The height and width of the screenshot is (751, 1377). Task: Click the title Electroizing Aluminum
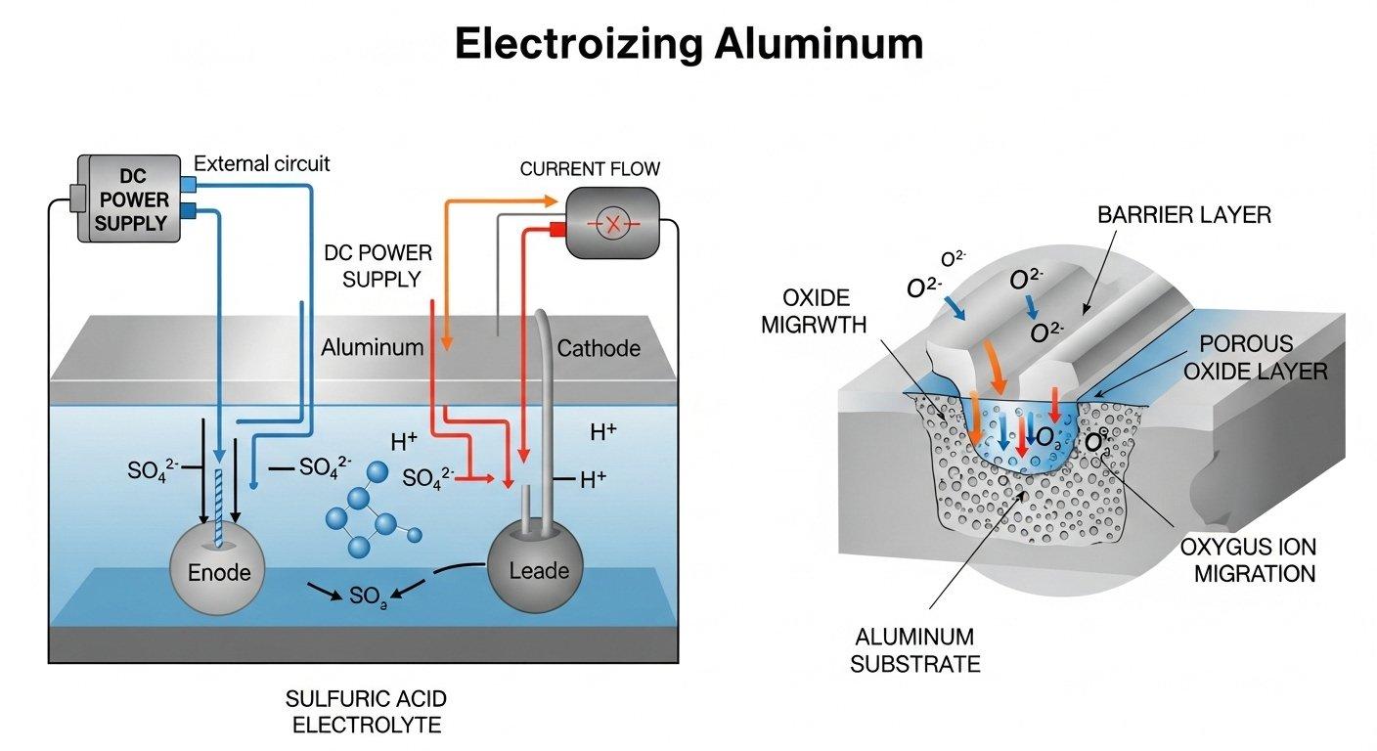click(688, 44)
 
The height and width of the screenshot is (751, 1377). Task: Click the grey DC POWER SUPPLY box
click(129, 199)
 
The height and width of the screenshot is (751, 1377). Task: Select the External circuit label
click(262, 163)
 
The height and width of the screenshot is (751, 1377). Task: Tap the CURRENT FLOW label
click(589, 169)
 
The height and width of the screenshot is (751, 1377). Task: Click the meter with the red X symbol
click(613, 224)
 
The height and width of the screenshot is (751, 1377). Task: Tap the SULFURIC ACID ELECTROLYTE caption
click(366, 712)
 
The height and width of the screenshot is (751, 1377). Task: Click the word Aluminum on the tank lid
click(372, 347)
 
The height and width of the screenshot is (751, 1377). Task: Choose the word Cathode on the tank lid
click(599, 348)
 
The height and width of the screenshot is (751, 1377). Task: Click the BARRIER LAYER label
click(1184, 215)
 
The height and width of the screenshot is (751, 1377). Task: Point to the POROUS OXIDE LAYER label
click(1263, 358)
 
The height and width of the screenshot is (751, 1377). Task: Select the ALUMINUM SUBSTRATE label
click(914, 652)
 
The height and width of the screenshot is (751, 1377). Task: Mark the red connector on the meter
click(557, 229)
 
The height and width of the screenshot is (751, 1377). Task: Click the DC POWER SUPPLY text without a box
click(378, 266)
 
